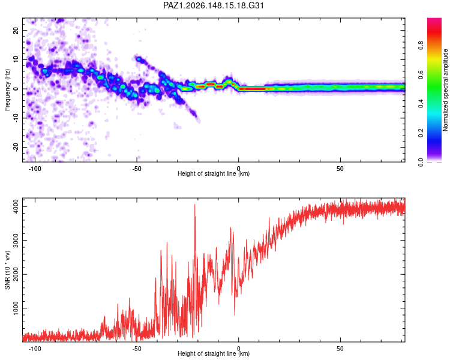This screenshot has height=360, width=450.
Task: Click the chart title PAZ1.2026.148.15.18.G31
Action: point(213,5)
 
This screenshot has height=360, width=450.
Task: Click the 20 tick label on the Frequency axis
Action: point(16,30)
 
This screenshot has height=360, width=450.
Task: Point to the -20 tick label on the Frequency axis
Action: point(16,148)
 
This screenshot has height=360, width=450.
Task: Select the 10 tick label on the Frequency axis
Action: point(16,59)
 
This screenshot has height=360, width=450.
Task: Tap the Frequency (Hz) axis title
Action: point(7,90)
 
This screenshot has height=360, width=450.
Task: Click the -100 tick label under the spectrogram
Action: point(35,169)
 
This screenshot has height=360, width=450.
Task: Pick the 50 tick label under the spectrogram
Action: point(340,169)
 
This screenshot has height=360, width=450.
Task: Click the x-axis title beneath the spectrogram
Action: point(214,173)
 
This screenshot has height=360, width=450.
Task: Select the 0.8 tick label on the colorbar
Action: point(421,45)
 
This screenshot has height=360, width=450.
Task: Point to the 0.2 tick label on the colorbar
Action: point(421,133)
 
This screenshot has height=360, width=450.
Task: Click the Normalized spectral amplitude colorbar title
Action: point(445,90)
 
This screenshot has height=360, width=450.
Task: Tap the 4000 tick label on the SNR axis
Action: point(16,206)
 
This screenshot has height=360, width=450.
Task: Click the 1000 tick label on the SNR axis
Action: point(16,308)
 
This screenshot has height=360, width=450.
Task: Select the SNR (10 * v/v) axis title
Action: point(7,270)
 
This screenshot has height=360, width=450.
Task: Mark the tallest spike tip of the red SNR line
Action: point(195,205)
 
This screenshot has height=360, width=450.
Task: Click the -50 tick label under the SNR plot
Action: point(137,349)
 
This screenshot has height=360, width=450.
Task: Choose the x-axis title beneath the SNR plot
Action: point(214,353)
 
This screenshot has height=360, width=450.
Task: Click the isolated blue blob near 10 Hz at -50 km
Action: point(139,59)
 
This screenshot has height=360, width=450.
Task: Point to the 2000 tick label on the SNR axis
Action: point(16,274)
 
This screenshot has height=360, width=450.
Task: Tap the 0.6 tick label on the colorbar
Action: point(421,74)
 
